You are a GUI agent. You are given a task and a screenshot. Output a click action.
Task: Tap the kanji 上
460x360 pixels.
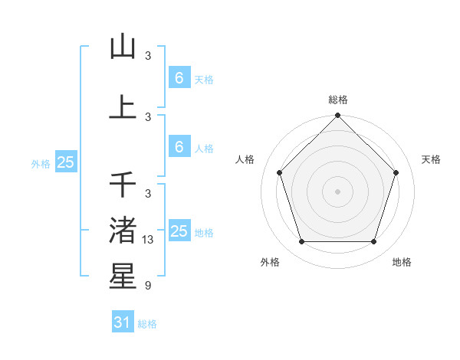pyautogui.click(x=123, y=106)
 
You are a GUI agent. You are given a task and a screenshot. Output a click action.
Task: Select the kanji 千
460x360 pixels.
pyautogui.click(x=123, y=184)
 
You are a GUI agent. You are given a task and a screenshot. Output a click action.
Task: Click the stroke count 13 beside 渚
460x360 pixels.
pyautogui.click(x=149, y=240)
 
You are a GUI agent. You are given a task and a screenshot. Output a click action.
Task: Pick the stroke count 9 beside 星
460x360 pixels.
pyautogui.click(x=148, y=286)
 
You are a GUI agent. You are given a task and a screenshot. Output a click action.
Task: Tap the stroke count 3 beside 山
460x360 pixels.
pyautogui.click(x=148, y=56)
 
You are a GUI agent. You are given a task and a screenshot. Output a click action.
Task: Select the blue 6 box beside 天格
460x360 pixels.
pyautogui.click(x=179, y=77)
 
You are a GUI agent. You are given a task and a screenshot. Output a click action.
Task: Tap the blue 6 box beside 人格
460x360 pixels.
pyautogui.click(x=179, y=146)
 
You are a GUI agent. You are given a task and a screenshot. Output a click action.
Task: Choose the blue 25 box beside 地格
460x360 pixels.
pyautogui.click(x=179, y=231)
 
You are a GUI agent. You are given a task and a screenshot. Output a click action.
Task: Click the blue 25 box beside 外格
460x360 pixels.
pyautogui.click(x=66, y=162)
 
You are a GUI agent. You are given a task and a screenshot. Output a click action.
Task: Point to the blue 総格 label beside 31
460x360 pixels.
pyautogui.click(x=147, y=324)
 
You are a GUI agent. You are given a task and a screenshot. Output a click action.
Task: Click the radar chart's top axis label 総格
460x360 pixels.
pyautogui.click(x=337, y=100)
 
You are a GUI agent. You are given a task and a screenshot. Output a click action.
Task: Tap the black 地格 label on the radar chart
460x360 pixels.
pyautogui.click(x=402, y=262)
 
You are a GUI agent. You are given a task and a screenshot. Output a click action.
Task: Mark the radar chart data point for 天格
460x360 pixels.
pyautogui.click(x=396, y=172)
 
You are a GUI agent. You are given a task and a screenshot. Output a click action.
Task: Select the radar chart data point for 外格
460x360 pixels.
pyautogui.click(x=301, y=242)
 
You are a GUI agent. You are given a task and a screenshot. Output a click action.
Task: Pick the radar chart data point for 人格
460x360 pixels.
pyautogui.click(x=279, y=172)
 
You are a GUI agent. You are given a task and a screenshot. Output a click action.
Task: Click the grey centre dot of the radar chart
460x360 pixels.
pyautogui.click(x=337, y=191)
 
